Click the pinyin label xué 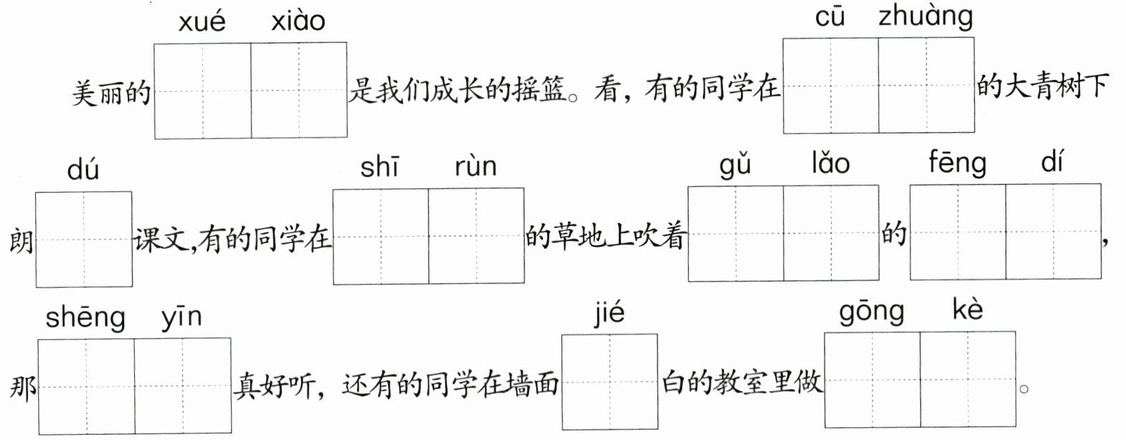point(202,22)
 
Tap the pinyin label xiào point(298,22)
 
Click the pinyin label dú point(83,171)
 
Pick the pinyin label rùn point(475,167)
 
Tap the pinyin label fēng point(957,164)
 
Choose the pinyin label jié point(609,314)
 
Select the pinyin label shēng point(85,318)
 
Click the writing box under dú point(84,238)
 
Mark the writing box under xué point(202,90)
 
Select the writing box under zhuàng point(926,85)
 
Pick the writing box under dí point(1053,232)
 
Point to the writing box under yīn point(182,386)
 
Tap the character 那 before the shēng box point(23,388)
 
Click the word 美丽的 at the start point(111,93)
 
